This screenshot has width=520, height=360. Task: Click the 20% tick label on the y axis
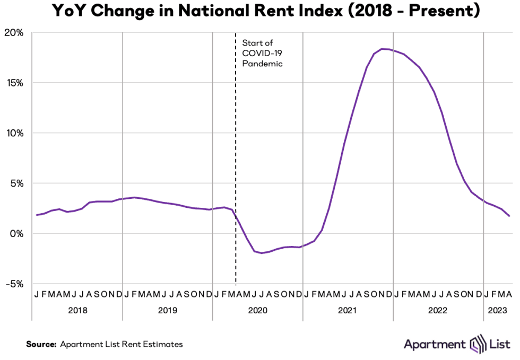tap(14, 33)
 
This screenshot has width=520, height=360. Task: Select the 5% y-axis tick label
tap(16, 183)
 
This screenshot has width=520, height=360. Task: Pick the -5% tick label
tap(14, 284)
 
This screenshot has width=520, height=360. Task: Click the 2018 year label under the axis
tap(77, 311)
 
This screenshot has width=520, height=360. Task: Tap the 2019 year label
tap(168, 311)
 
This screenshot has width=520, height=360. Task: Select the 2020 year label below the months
tap(258, 311)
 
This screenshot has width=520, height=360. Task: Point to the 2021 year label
tap(348, 311)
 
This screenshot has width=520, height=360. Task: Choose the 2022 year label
tap(438, 311)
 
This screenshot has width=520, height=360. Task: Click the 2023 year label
tap(498, 311)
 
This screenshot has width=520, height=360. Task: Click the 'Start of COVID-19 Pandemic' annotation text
tap(262, 53)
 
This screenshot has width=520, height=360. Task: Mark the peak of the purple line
tap(383, 49)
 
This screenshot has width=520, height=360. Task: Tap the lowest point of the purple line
tap(262, 253)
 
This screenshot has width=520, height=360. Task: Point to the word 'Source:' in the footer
tap(41, 344)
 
